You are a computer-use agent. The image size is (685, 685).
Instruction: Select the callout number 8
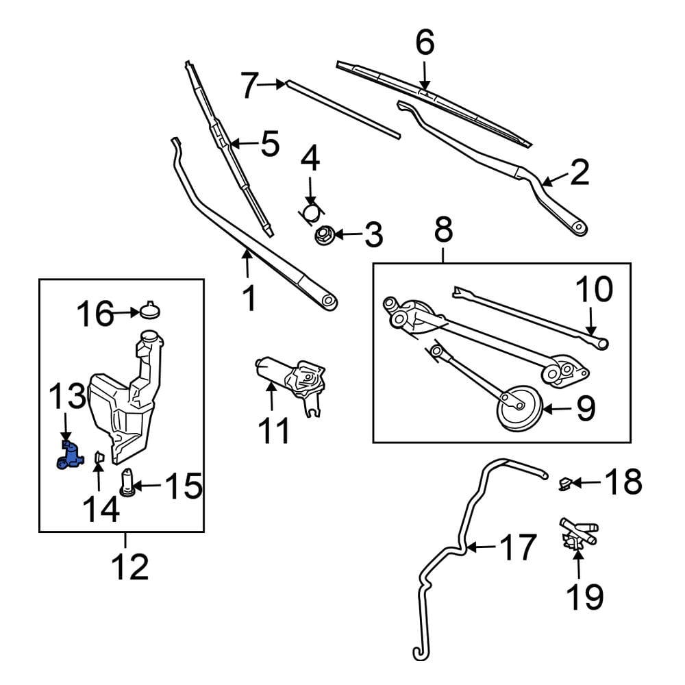click(x=443, y=229)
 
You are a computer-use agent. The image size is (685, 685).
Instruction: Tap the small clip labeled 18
click(x=565, y=485)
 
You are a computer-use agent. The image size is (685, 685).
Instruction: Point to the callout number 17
click(x=517, y=548)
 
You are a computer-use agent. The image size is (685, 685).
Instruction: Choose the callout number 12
click(x=129, y=567)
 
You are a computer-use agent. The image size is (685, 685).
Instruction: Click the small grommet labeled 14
click(x=99, y=457)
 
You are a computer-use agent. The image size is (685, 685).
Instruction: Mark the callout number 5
click(x=269, y=145)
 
